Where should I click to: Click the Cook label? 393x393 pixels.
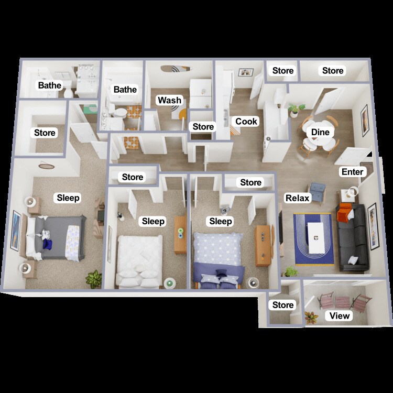click(246, 122)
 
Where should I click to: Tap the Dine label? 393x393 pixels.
click(320, 132)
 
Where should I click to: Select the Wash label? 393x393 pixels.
click(170, 100)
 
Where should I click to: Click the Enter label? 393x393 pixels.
click(352, 172)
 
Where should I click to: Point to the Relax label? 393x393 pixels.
click(298, 198)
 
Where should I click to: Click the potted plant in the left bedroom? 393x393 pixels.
click(94, 278)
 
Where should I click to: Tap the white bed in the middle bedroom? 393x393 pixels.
click(139, 259)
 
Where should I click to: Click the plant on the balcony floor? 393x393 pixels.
click(311, 318)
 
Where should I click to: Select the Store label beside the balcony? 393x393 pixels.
click(283, 305)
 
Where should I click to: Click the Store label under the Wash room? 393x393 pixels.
click(203, 127)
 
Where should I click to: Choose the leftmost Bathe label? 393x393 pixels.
click(49, 85)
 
